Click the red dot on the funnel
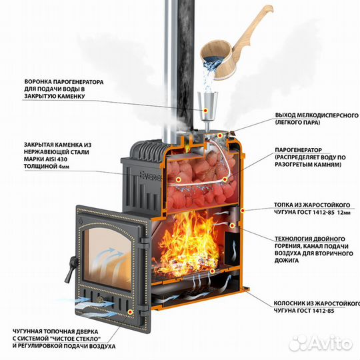click(206, 111)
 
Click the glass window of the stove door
click(108, 258)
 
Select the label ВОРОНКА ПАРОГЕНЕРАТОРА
click(64, 82)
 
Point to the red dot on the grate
click(213, 271)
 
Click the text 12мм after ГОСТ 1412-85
click(344, 213)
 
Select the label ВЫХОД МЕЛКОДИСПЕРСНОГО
click(317, 115)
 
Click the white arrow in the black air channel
click(234, 250)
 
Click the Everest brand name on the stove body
click(151, 176)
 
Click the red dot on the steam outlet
click(220, 135)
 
